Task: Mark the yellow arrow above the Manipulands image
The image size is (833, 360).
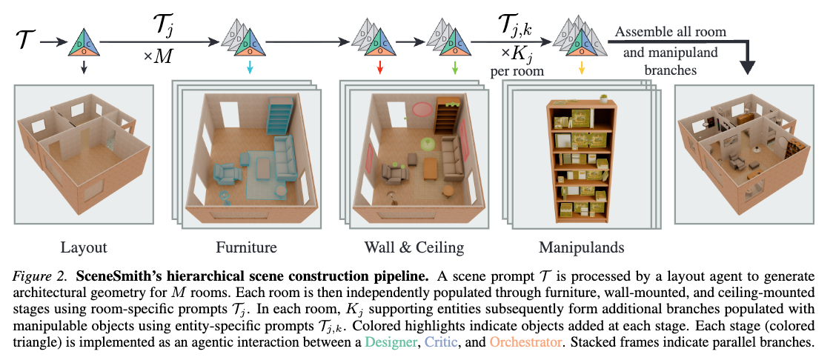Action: point(581,68)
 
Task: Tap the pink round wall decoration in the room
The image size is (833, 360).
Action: point(422,110)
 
